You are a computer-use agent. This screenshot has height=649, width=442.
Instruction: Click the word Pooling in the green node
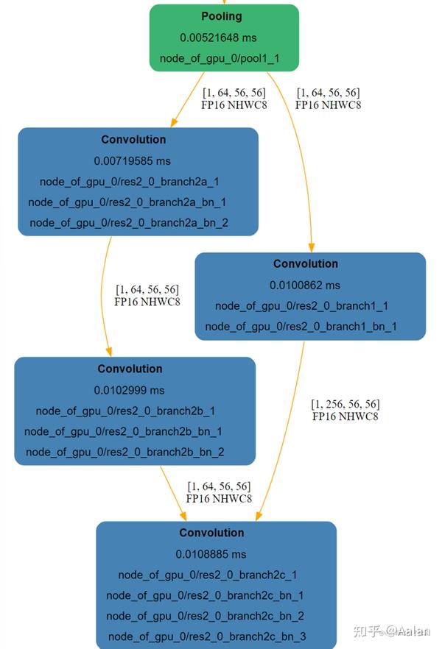click(221, 16)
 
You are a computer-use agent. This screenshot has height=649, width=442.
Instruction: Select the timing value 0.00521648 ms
click(218, 37)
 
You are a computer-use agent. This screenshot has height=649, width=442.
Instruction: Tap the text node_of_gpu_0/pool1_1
click(219, 57)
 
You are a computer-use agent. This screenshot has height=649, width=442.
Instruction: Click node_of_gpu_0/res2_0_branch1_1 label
click(301, 305)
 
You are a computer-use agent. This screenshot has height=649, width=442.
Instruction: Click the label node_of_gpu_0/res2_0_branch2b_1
click(125, 411)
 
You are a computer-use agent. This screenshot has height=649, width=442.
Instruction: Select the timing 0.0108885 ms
click(211, 554)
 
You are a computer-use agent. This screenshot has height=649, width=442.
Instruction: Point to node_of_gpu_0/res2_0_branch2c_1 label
click(207, 575)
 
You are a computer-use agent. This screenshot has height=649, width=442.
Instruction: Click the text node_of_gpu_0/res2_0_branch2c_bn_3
click(207, 636)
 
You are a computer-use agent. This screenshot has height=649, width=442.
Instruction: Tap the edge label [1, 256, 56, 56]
click(345, 404)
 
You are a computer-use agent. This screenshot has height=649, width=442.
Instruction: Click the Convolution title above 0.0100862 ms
click(306, 263)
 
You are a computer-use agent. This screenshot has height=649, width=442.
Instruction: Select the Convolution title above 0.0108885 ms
click(211, 533)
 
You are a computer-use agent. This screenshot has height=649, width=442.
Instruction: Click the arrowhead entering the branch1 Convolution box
click(312, 247)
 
